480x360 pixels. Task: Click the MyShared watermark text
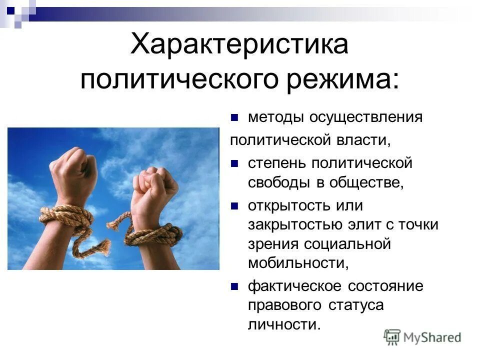point(432,337)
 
